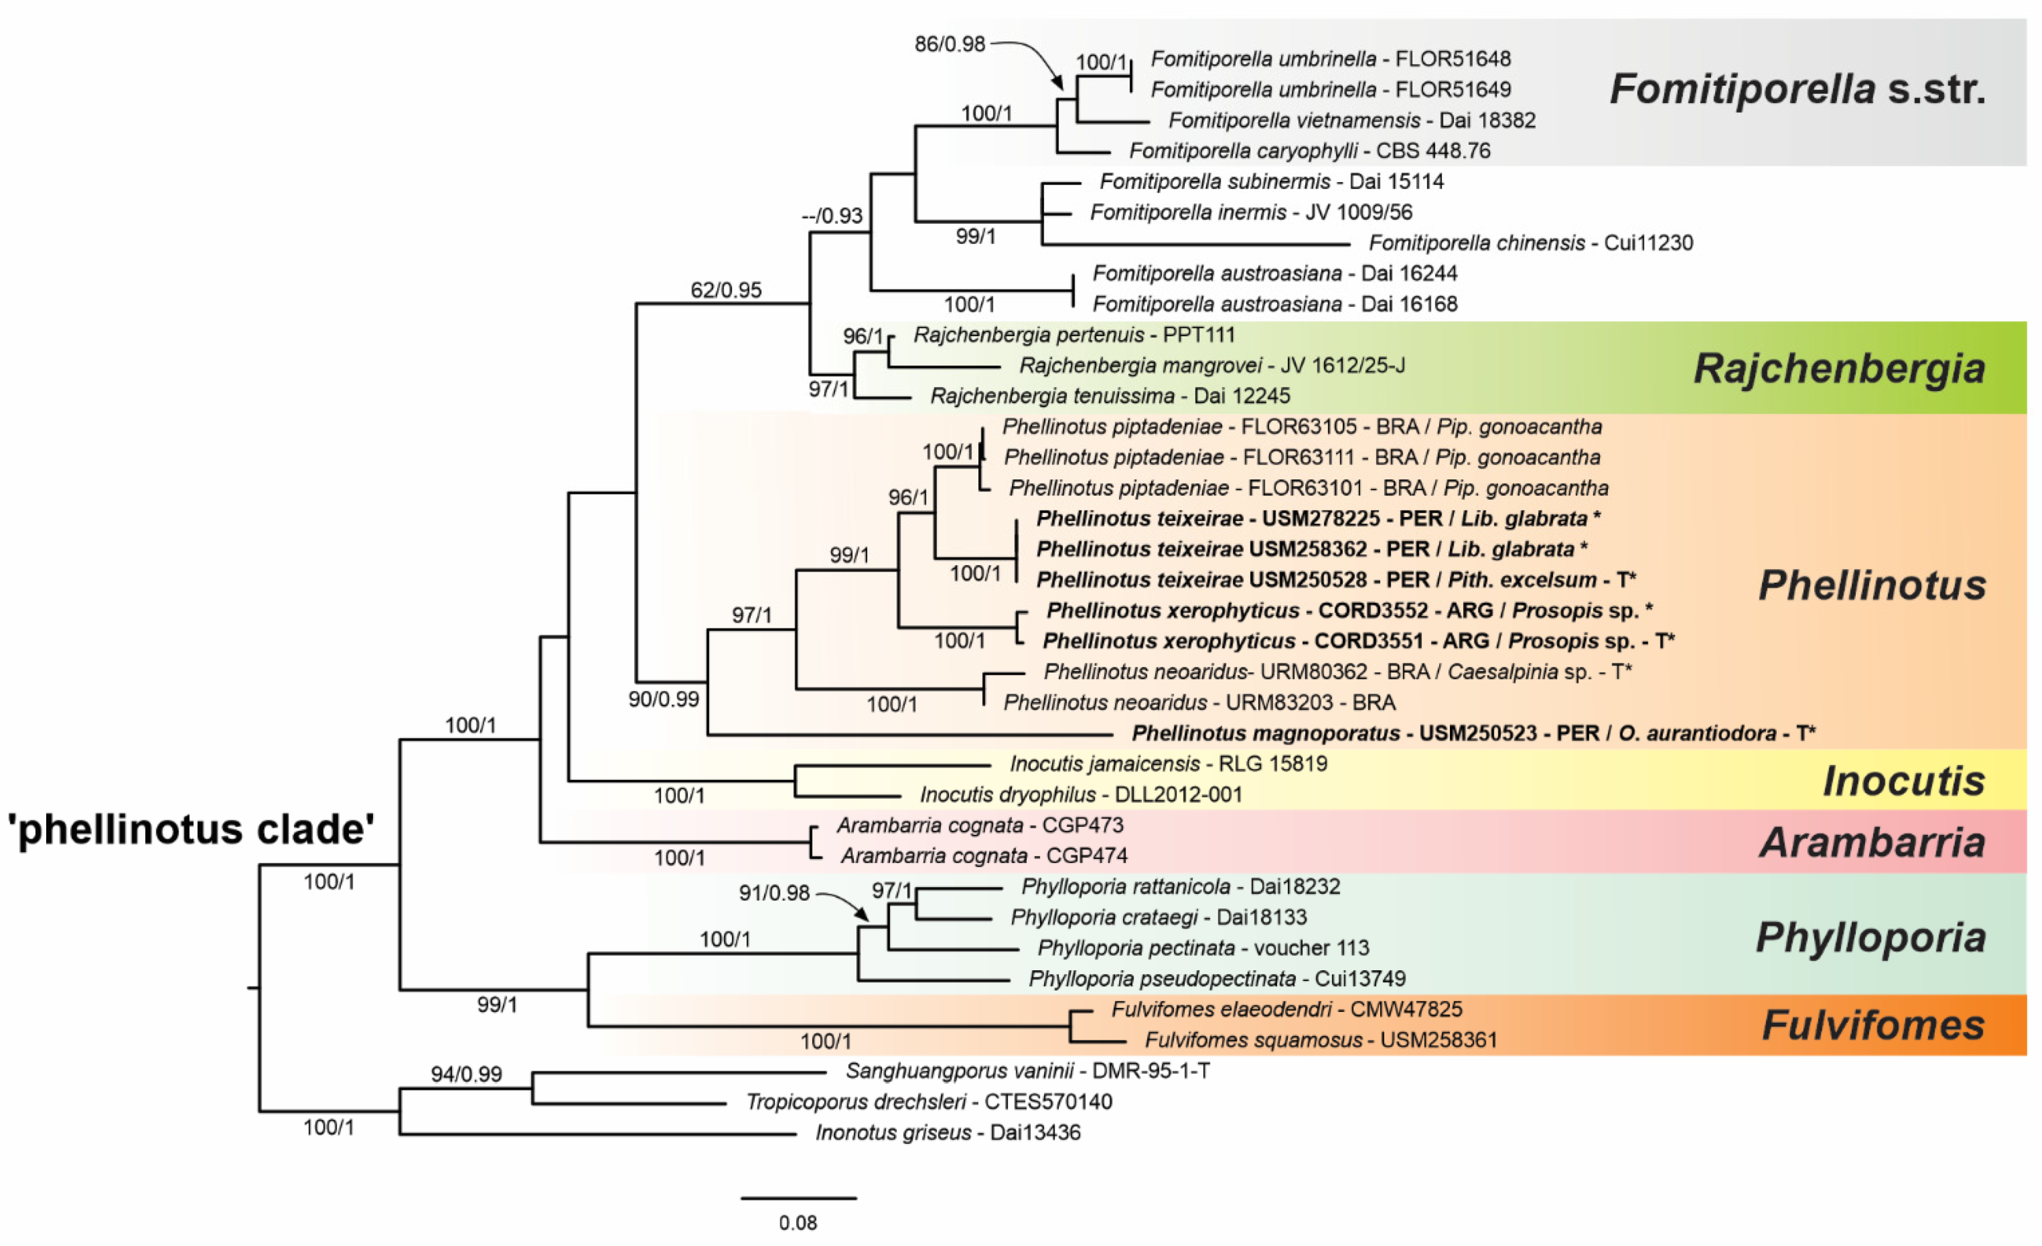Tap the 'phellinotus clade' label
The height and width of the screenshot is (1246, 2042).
[191, 829]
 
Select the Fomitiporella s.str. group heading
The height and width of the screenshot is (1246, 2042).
[1798, 89]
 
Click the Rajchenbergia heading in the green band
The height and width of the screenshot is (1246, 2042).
[1839, 368]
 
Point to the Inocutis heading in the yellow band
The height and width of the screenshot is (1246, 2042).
[1904, 781]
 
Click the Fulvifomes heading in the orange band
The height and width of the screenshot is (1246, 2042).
[1873, 1026]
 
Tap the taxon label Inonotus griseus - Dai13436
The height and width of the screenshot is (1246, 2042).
[947, 1132]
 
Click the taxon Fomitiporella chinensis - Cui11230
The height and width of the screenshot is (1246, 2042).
[1531, 243]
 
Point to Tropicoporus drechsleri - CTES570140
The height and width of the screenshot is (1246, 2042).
[929, 1102]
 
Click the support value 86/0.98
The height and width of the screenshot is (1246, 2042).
[950, 44]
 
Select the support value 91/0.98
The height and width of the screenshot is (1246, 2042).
[774, 893]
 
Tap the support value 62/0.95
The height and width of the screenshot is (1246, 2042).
[726, 290]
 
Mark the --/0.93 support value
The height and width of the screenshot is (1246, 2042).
[832, 216]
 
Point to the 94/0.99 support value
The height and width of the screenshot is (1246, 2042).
[466, 1075]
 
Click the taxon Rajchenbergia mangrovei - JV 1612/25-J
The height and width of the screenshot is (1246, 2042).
[1212, 366]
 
